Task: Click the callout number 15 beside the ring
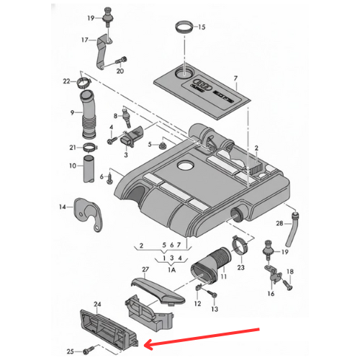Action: click(x=202, y=27)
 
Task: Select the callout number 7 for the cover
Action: click(x=235, y=78)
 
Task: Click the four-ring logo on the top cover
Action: click(x=203, y=84)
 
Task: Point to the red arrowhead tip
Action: click(x=145, y=346)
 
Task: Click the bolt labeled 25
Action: click(x=87, y=351)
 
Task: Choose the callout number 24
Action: click(x=97, y=304)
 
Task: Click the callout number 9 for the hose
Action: click(x=72, y=112)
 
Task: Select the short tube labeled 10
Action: click(x=89, y=168)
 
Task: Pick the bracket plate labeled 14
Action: click(x=88, y=213)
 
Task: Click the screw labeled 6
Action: click(x=110, y=179)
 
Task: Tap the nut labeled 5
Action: click(x=163, y=145)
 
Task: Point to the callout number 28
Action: click(x=279, y=223)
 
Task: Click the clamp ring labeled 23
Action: click(x=240, y=246)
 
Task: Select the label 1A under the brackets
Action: click(x=172, y=270)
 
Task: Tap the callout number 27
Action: click(x=145, y=269)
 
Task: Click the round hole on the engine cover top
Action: click(x=185, y=165)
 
